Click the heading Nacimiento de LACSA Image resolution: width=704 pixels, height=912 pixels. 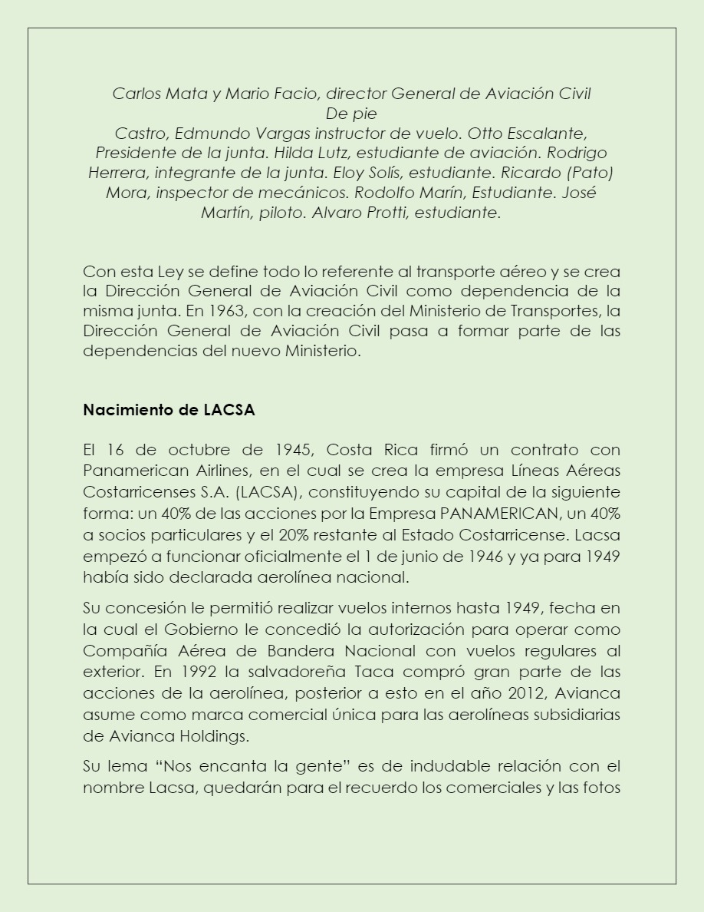[x=169, y=410]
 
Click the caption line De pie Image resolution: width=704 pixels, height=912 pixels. [x=351, y=114]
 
